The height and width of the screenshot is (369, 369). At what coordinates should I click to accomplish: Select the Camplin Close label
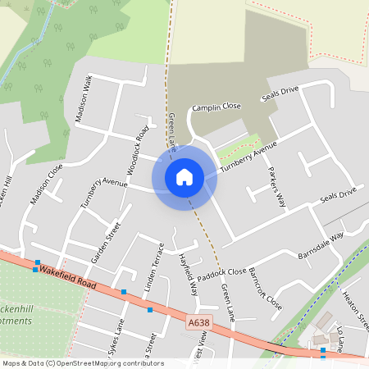[216, 107]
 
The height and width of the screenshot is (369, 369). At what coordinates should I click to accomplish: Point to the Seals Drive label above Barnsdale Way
[339, 195]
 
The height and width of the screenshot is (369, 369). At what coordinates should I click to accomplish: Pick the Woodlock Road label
[136, 152]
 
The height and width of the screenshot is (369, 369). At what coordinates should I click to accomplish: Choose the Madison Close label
[46, 184]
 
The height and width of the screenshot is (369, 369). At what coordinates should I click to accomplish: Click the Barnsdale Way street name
[321, 246]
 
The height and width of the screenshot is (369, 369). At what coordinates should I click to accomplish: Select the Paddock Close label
[221, 271]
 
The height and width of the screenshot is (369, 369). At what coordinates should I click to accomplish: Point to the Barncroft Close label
[265, 289]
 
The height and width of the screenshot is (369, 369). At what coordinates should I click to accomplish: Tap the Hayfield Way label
[189, 273]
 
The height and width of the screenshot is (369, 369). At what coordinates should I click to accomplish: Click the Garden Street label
[106, 242]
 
